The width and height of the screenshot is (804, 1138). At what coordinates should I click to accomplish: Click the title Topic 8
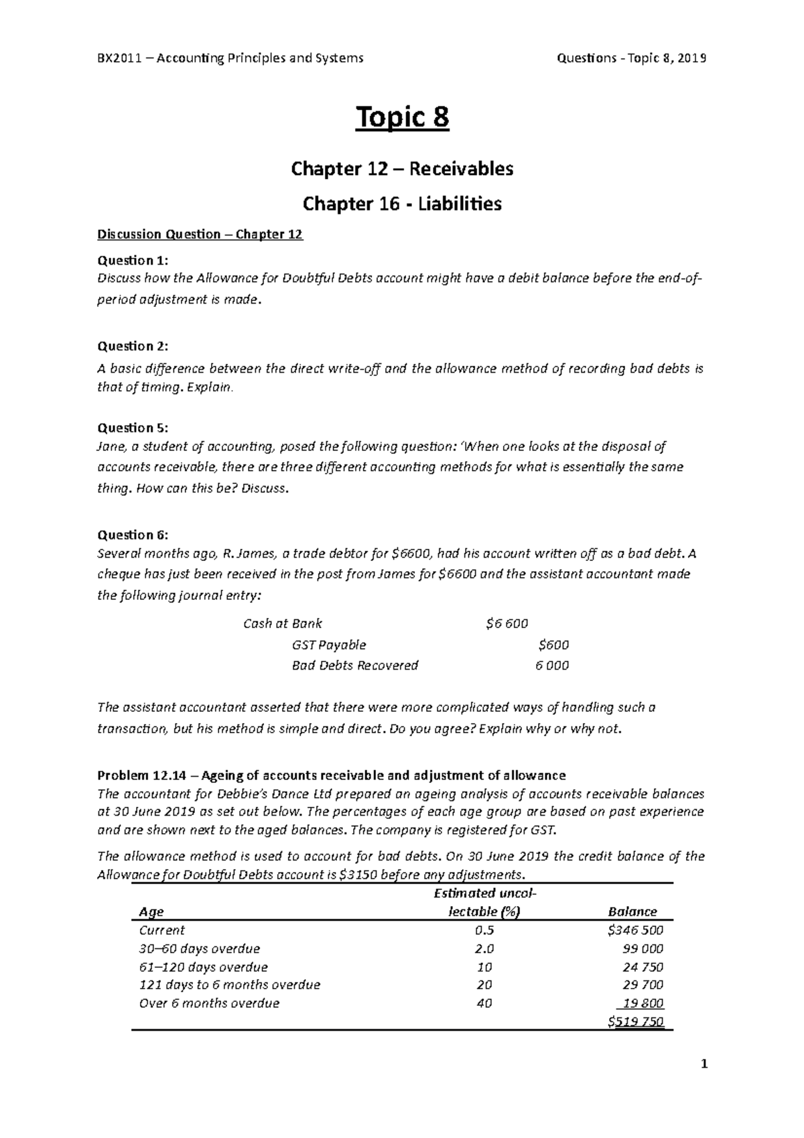[402, 119]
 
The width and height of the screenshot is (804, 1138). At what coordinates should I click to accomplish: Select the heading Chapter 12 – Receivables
[402, 169]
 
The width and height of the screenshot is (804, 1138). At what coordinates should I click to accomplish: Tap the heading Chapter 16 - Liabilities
[402, 204]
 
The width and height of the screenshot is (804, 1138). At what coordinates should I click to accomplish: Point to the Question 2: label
[133, 346]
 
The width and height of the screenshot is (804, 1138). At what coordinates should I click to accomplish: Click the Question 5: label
[133, 428]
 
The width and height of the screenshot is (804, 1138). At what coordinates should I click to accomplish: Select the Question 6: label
[133, 535]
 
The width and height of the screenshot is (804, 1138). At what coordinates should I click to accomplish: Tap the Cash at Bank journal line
[282, 624]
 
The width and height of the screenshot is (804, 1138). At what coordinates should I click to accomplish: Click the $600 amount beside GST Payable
[553, 645]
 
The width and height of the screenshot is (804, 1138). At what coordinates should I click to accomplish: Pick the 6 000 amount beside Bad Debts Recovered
[552, 666]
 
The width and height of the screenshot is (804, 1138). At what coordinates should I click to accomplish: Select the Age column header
[151, 912]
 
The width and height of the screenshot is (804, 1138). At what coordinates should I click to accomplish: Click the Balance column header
[632, 912]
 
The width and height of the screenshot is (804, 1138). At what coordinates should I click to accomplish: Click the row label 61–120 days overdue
[203, 968]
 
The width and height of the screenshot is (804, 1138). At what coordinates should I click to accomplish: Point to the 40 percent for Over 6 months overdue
[484, 1004]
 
